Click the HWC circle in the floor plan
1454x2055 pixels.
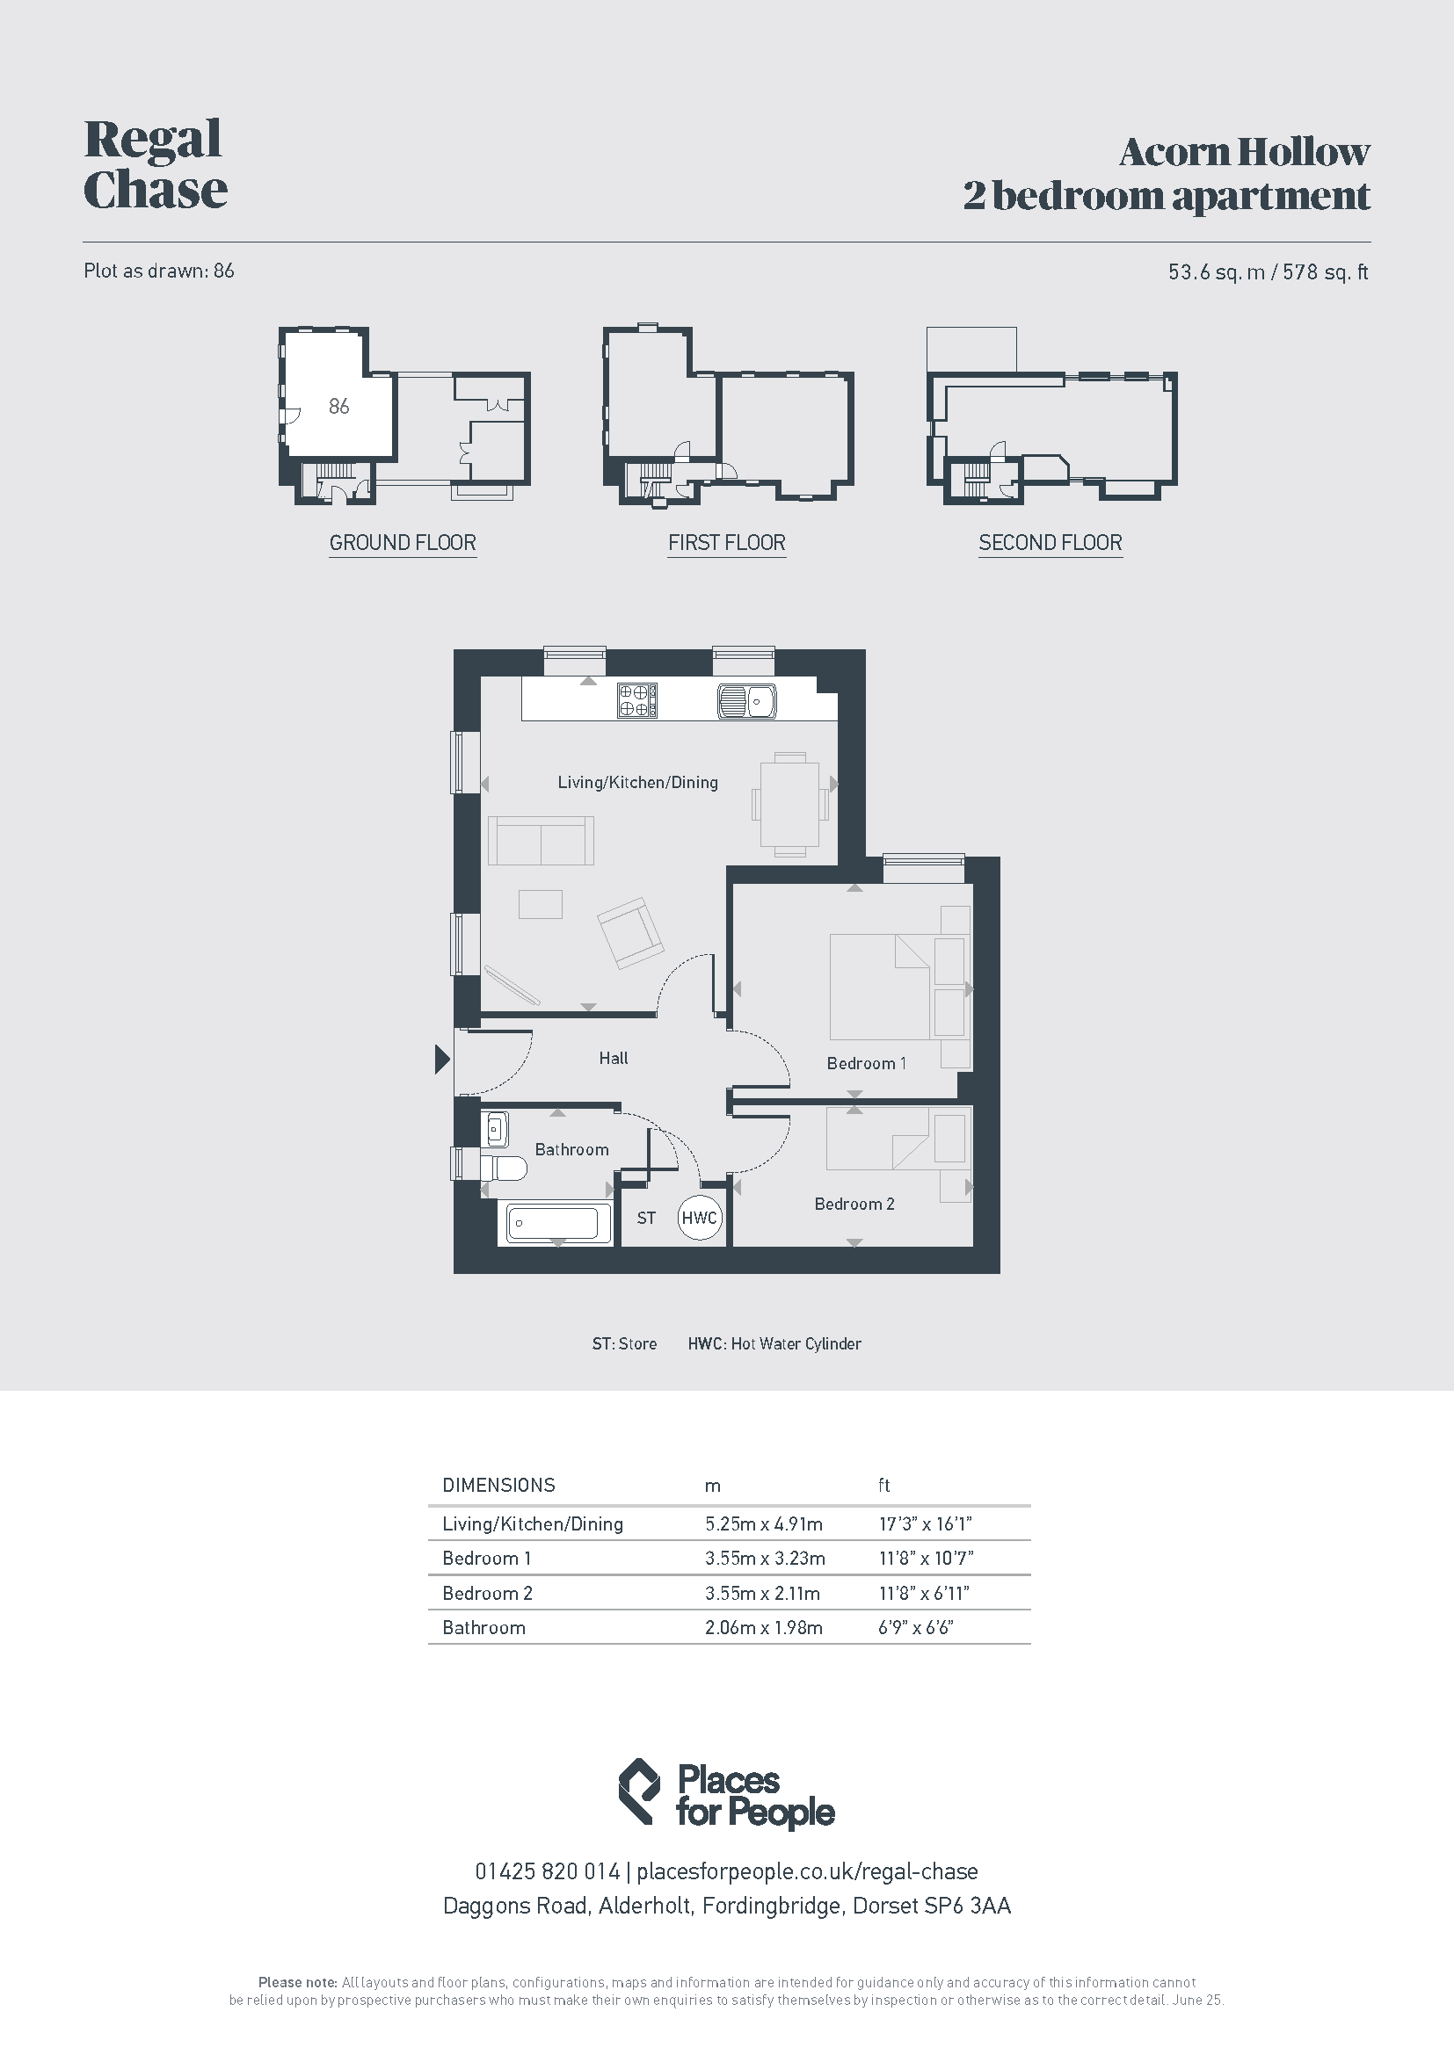699,1217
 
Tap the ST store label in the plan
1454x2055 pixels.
646,1218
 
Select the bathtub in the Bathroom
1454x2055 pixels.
552,1223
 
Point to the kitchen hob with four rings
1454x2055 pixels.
637,700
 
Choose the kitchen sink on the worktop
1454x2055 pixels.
746,701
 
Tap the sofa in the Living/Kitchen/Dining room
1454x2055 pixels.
541,840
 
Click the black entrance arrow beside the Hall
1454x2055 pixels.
442,1059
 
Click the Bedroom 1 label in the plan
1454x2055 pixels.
866,1063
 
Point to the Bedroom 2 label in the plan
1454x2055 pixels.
854,1204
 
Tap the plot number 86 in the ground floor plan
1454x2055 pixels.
338,407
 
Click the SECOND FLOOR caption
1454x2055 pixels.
1051,542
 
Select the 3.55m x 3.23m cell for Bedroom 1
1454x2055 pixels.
765,1559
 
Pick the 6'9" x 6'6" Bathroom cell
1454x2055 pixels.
916,1627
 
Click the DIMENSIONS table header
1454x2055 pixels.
498,1485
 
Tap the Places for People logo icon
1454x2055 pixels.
639,1791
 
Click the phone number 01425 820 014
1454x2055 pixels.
547,1871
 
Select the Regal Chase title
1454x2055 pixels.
155,165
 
